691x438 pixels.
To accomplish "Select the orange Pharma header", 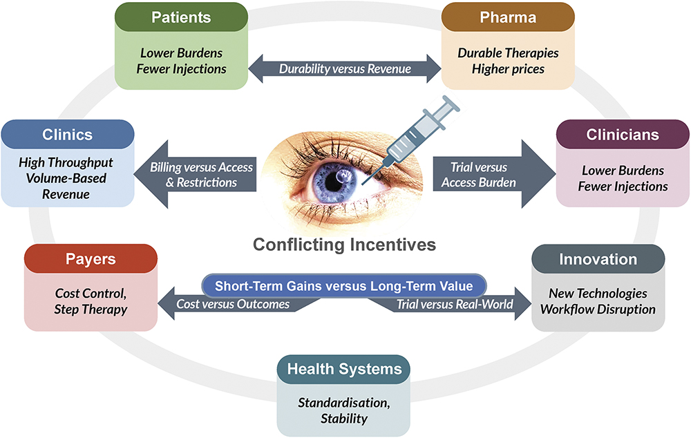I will [x=508, y=17].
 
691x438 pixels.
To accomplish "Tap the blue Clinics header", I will [x=68, y=133].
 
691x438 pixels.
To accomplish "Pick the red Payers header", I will [x=91, y=259].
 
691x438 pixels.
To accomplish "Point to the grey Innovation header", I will [x=598, y=259].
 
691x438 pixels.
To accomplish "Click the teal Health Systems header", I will [x=343, y=369].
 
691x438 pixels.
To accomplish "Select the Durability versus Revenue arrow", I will [x=344, y=68].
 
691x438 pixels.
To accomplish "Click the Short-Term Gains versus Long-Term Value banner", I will [x=344, y=285].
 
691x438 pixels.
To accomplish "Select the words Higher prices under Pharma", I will [x=508, y=68].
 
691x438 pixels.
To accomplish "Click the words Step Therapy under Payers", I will [x=91, y=309].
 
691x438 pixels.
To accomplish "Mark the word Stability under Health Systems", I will [x=343, y=418].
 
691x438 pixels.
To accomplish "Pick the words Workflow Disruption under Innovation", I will [x=598, y=309].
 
